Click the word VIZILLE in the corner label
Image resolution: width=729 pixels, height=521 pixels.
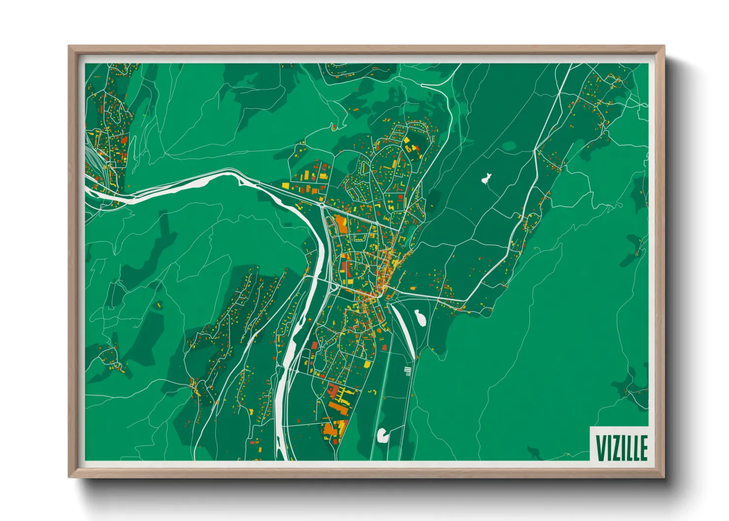(x=622, y=448)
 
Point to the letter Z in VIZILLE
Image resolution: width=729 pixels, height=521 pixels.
(x=616, y=448)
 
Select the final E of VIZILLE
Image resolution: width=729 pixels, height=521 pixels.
(x=643, y=448)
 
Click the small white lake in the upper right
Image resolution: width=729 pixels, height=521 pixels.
(x=487, y=178)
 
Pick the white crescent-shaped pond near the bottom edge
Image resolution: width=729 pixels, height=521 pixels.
(x=382, y=434)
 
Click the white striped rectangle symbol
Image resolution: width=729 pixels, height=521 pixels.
(x=407, y=370)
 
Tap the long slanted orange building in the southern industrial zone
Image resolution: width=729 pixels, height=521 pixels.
(x=339, y=407)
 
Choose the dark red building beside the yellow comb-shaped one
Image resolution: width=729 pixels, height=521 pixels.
(x=333, y=391)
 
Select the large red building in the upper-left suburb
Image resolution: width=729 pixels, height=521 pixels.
(x=124, y=140)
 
